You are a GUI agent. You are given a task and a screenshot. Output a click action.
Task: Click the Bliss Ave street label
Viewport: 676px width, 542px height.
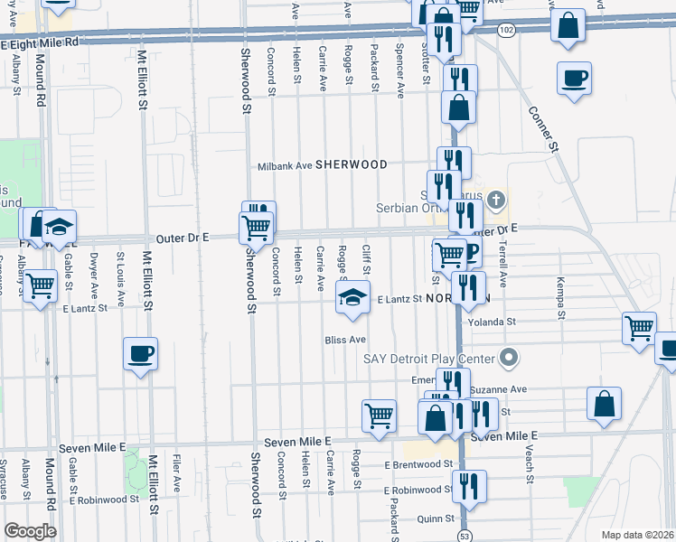345,340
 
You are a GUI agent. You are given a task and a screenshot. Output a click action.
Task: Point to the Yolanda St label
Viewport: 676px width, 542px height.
492,322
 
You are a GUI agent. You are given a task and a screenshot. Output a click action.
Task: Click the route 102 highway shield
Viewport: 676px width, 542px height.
506,30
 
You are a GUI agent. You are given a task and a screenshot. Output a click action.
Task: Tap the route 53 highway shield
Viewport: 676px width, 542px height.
465,535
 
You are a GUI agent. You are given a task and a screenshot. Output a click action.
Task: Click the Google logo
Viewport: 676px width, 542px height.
30,530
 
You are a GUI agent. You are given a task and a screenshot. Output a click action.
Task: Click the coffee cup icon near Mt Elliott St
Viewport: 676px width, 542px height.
140,354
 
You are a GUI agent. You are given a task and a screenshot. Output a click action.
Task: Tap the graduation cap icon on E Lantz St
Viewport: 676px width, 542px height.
352,297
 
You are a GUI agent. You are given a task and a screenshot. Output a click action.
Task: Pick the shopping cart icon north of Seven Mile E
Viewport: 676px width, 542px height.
380,416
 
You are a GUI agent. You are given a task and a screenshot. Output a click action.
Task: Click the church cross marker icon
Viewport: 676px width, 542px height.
494,199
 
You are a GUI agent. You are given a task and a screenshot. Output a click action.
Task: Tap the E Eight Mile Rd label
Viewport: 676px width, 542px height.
41,42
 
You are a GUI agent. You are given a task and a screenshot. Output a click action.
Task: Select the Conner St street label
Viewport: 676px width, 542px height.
546,129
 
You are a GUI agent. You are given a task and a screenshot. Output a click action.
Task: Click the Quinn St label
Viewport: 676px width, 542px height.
436,519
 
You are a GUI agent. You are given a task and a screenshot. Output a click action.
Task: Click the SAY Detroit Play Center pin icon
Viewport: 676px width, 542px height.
509,358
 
